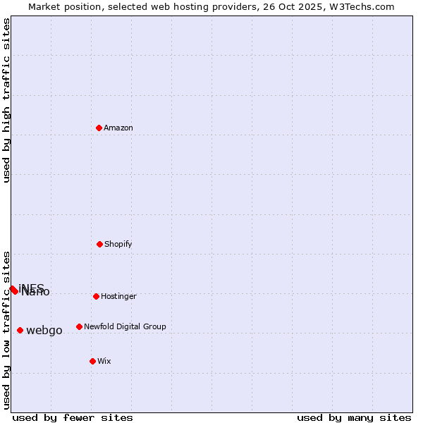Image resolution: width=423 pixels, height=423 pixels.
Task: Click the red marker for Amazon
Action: tap(99, 128)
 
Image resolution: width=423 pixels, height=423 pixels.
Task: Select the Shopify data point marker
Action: tap(100, 244)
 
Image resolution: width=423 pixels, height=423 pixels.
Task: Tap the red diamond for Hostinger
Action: tap(96, 296)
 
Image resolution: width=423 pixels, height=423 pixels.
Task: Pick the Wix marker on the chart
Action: tap(92, 361)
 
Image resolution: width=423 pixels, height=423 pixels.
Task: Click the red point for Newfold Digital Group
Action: tap(79, 326)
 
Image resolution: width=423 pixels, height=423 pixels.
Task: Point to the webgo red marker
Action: tap(20, 330)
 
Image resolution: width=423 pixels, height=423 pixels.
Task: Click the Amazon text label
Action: tap(118, 128)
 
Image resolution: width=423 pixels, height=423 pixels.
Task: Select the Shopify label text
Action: tap(118, 244)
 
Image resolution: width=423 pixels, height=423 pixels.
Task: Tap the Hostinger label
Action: tap(118, 296)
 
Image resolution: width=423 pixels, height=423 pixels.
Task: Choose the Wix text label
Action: tap(104, 361)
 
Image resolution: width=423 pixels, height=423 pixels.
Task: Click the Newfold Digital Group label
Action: tap(125, 326)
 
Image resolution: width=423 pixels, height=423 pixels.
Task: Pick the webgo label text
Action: tap(44, 330)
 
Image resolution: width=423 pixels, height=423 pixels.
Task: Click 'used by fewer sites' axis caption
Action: tap(73, 417)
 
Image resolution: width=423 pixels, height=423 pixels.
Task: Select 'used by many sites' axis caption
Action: tap(354, 417)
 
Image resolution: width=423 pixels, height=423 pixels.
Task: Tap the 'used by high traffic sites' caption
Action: tap(7, 100)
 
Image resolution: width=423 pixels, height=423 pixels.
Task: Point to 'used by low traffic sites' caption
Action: tap(7, 330)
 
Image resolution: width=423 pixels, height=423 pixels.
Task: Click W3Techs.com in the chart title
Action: tap(362, 6)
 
